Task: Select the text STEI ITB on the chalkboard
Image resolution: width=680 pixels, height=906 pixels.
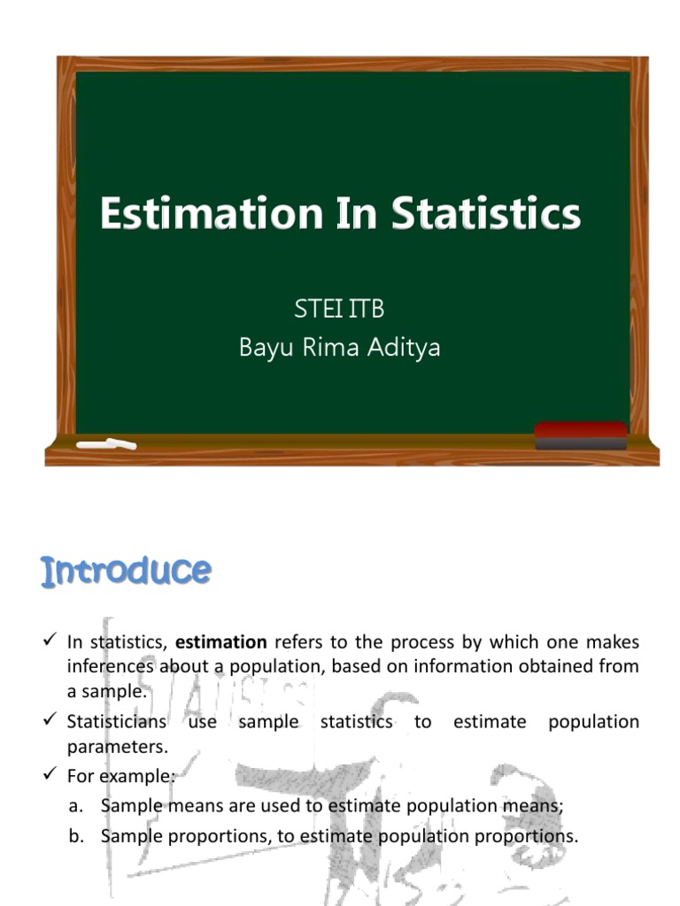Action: (339, 310)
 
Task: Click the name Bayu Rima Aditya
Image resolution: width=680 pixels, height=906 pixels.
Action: (339, 348)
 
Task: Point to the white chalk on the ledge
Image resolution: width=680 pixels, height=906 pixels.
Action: (106, 443)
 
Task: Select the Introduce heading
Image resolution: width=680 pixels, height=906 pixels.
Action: (126, 572)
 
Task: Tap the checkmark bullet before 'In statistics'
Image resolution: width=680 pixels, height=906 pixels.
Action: (50, 641)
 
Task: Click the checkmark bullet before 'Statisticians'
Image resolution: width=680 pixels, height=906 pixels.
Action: (50, 720)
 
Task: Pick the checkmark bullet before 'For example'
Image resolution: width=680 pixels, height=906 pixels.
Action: (50, 775)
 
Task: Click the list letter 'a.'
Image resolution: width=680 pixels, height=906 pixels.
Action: (76, 806)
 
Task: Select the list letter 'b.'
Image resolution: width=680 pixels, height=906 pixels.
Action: (76, 836)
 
